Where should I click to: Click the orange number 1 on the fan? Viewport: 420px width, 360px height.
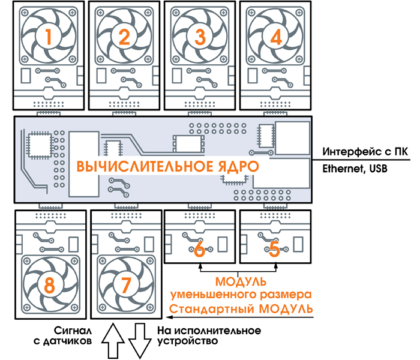49,37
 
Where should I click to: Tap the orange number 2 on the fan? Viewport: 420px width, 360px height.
124,37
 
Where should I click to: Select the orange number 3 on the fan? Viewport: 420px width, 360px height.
200,37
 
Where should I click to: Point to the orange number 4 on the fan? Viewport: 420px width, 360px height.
275,37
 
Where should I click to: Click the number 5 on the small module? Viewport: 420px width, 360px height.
275,248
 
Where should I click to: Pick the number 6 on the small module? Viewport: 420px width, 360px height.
200,248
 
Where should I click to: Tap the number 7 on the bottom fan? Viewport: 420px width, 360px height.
125,284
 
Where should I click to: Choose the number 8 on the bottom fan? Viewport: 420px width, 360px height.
50,284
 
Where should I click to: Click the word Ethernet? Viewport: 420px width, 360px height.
343,169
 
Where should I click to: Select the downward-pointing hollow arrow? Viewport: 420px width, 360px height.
140,340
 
